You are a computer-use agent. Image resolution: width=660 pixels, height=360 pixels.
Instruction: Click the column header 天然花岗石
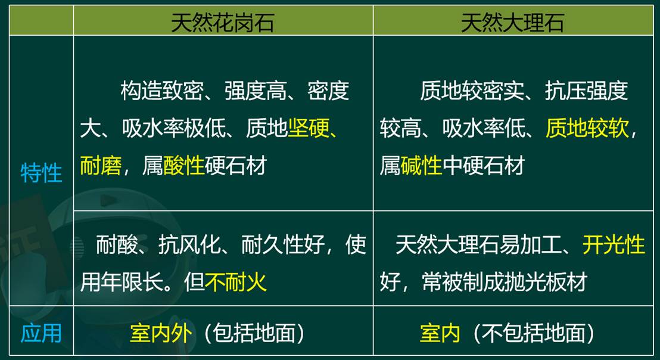point(223,22)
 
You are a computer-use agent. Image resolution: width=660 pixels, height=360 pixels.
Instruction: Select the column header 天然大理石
point(513,22)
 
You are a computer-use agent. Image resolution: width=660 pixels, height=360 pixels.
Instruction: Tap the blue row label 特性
point(41,173)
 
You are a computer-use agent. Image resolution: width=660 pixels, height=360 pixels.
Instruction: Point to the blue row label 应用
point(41,333)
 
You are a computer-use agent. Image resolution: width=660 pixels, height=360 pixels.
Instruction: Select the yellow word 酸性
point(183,165)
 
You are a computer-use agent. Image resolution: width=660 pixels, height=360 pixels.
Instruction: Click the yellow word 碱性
point(421,165)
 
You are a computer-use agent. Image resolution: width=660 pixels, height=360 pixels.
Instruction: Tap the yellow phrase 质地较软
point(587,128)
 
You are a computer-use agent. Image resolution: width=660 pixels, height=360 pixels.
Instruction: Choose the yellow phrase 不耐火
point(236,282)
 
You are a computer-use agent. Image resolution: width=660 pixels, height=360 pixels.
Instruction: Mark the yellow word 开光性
point(614,244)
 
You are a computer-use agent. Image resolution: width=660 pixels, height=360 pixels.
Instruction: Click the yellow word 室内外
point(161,333)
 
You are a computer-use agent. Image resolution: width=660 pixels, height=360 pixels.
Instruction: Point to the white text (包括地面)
point(254,333)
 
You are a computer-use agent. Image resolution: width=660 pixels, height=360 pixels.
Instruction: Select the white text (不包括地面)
point(534,333)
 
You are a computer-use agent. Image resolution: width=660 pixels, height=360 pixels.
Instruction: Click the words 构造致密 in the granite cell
point(162,91)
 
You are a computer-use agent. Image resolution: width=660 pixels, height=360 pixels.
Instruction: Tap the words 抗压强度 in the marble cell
point(586,91)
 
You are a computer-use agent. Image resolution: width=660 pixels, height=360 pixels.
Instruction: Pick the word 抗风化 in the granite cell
point(189,244)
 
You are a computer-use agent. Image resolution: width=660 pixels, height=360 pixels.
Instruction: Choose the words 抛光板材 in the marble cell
point(546,282)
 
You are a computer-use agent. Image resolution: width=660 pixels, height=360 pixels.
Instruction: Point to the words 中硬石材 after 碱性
point(483,165)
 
